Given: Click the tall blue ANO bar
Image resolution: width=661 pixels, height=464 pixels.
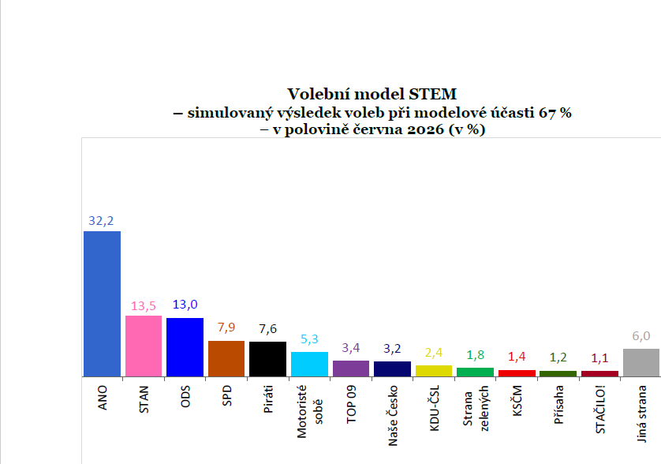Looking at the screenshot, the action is pos(102,304).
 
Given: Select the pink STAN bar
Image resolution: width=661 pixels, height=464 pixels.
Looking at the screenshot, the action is pos(144,346).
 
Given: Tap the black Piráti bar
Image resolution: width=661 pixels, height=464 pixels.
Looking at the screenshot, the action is pos(267,359).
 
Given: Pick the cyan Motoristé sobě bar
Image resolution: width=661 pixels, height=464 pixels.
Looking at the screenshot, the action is pos(309,364).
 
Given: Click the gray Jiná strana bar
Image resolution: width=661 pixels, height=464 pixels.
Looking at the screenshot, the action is pos(641,363).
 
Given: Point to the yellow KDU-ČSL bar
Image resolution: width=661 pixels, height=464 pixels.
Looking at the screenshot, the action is pos(434,371).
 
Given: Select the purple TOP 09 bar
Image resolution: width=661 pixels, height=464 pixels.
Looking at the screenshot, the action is pos(351,369).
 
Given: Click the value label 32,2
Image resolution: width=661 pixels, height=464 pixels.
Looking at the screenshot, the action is pos(101,221).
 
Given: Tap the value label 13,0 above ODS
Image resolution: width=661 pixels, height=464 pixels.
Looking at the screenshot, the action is pos(185,304).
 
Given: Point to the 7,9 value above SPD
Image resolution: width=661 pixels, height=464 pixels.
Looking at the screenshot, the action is pos(226,327).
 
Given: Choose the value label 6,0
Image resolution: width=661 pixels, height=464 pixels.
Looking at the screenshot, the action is pos(641,335).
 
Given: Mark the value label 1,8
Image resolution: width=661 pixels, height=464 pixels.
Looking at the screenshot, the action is pos(475,355).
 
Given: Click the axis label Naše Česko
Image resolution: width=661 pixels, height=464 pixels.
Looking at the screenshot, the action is pos(393,416).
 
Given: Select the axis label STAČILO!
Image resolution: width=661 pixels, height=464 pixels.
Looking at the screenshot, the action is pos(600,410).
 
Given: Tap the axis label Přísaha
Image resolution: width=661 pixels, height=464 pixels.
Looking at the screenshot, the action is pos(558,405).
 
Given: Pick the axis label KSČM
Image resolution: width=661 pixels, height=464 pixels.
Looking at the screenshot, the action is pos(517,401).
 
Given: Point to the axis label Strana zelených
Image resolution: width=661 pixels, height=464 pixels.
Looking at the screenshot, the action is pos(476,408).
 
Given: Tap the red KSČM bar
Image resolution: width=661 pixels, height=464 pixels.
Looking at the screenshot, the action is pos(517,373).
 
